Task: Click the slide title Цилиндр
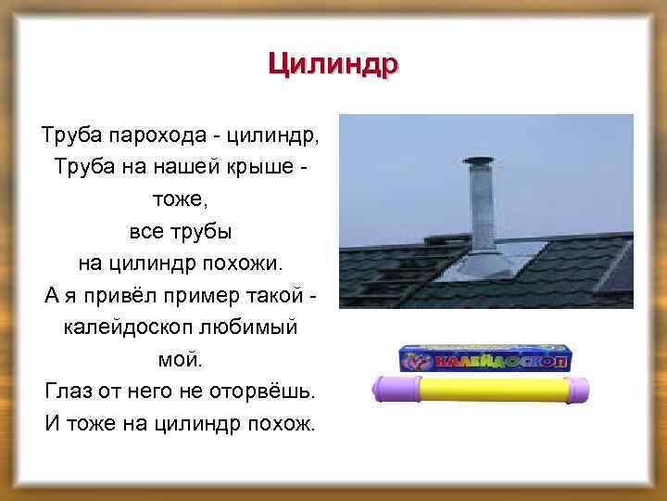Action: pos(333,66)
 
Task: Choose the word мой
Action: pos(179,357)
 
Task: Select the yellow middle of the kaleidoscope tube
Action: pos(486,391)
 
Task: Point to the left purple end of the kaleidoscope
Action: pos(395,391)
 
